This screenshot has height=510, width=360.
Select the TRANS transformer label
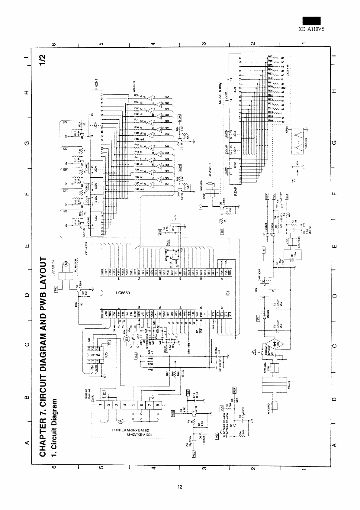(289, 386)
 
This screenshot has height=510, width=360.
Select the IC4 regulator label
(256, 291)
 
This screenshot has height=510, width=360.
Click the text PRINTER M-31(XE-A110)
(131, 430)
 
